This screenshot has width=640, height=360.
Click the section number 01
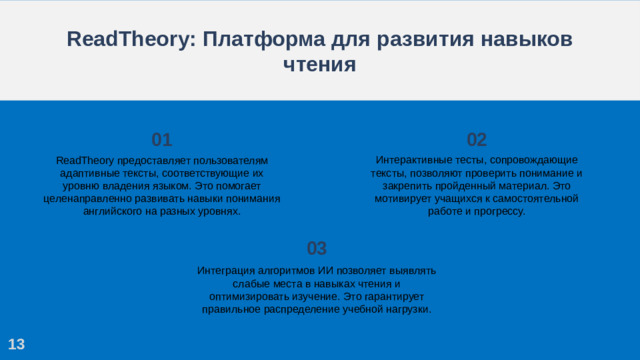pyautogui.click(x=162, y=139)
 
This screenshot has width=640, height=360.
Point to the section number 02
pyautogui.click(x=477, y=139)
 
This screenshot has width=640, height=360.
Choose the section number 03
pyautogui.click(x=316, y=248)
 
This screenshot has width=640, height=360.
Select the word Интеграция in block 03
pyautogui.click(x=227, y=271)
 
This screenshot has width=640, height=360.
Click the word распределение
pyautogui.click(x=300, y=310)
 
